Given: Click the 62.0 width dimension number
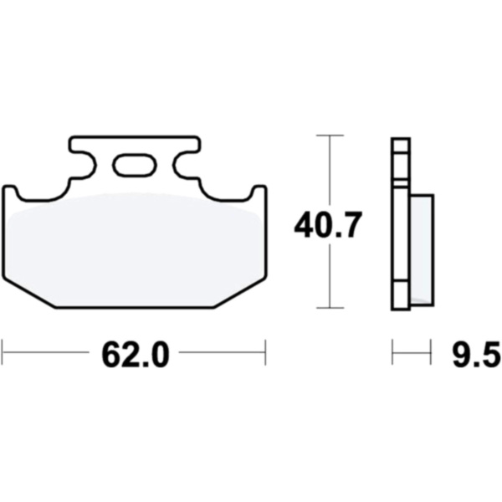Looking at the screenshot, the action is (135, 355).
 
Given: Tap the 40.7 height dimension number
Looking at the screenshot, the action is (328, 225).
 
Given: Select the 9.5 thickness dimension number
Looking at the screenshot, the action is (476, 355).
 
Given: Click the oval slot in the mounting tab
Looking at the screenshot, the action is (135, 165).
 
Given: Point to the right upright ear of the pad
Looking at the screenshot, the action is (259, 193).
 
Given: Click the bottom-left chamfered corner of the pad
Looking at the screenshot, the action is (29, 293).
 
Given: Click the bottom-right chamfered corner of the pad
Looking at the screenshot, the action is (240, 292).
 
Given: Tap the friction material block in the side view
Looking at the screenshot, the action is (422, 249).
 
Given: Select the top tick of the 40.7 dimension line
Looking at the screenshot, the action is (330, 136).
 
